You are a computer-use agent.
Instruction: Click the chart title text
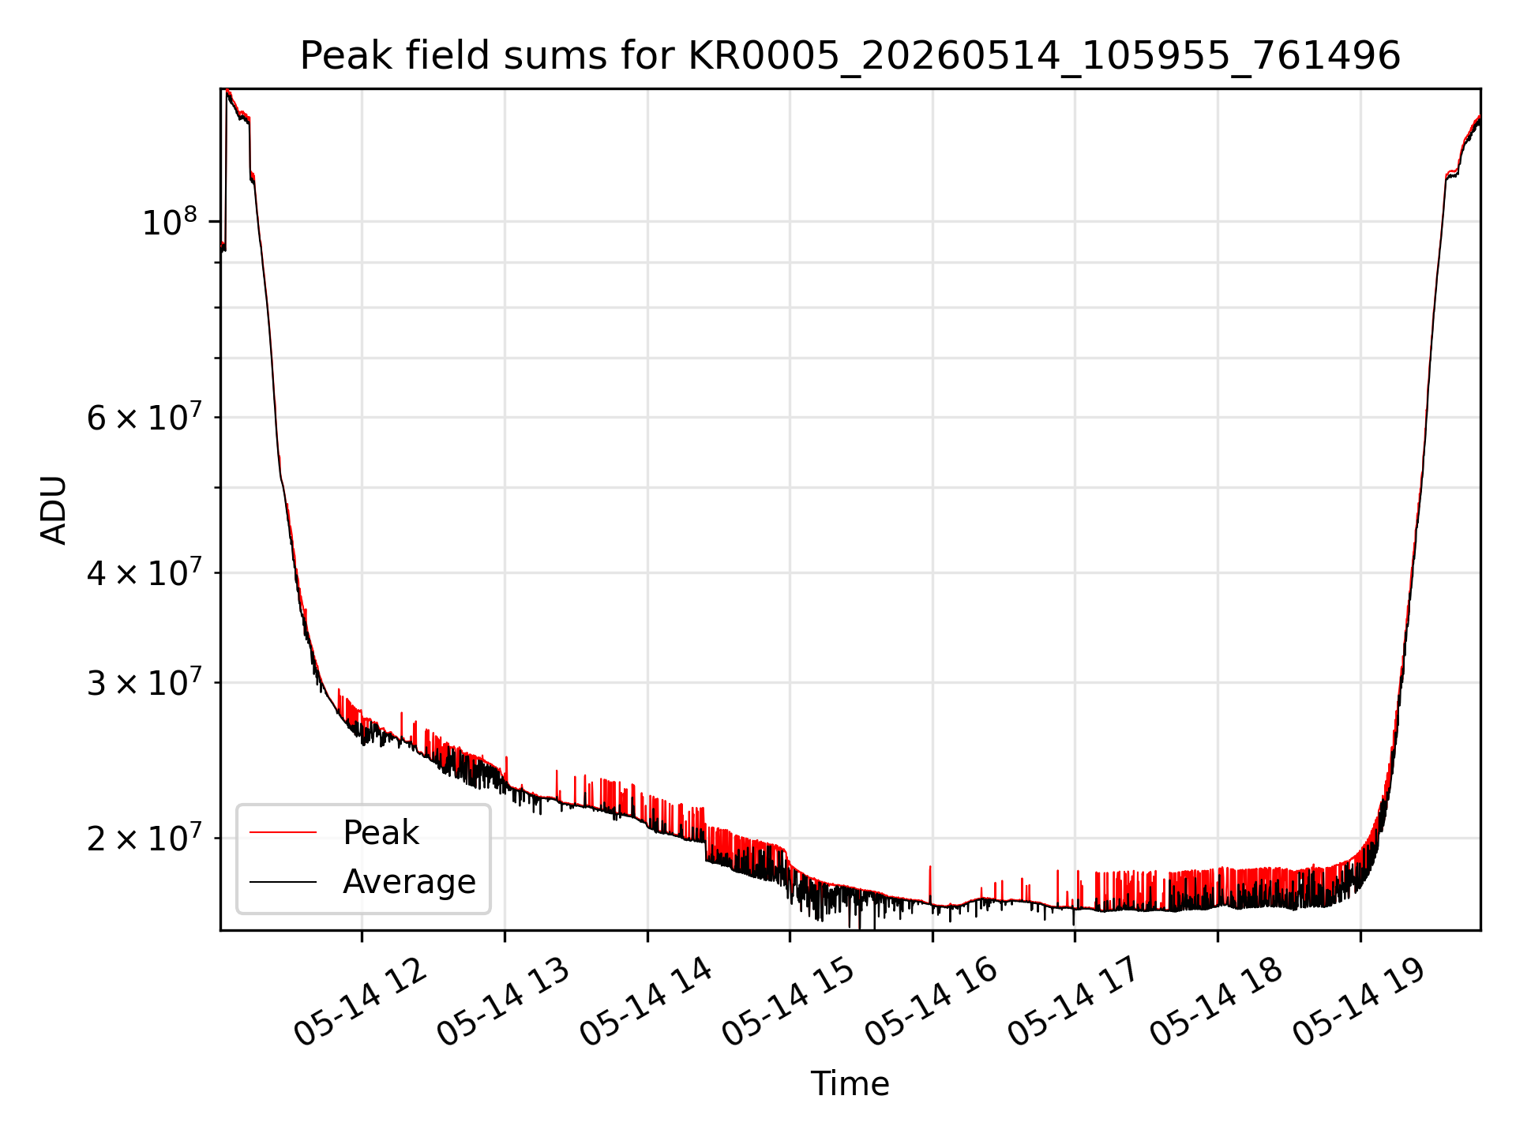[850, 56]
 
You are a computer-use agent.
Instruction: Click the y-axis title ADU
[54, 510]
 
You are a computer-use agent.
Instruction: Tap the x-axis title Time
[850, 1084]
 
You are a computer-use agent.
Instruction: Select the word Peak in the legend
[381, 833]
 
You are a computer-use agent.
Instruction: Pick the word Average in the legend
[409, 882]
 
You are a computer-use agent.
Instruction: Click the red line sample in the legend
[283, 832]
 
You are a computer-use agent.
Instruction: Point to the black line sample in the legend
[283, 881]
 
